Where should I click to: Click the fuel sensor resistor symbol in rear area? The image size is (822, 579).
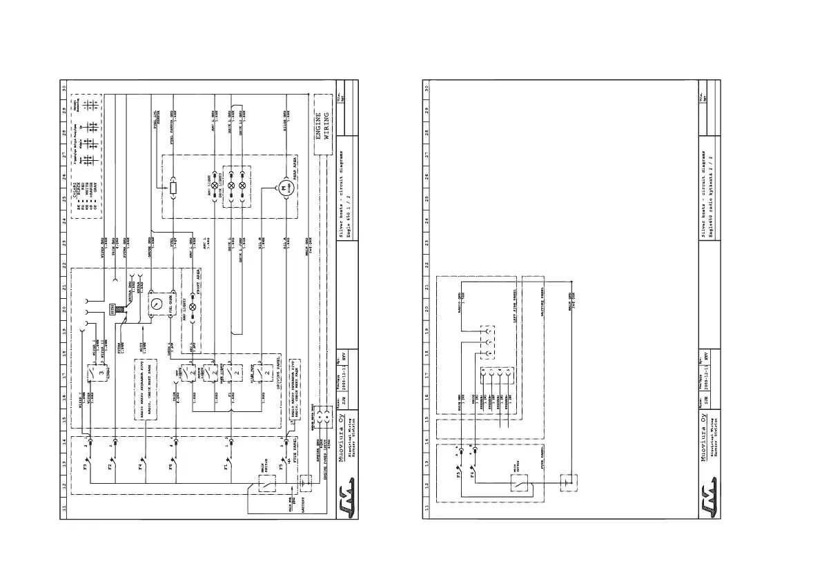[x=173, y=187]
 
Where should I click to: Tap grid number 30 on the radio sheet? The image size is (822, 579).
[x=428, y=88]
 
